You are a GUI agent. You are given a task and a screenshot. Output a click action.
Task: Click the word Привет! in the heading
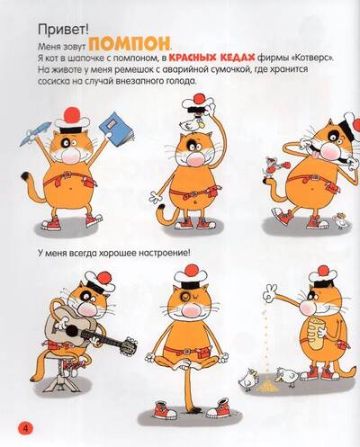pos(63,30)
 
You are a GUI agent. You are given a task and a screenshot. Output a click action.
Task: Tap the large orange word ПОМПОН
pos(129,44)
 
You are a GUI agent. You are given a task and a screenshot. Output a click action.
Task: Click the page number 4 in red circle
pos(26,428)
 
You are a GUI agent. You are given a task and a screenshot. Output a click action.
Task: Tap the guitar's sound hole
pos(72,331)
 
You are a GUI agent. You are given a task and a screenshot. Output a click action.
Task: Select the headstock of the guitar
pos(130,345)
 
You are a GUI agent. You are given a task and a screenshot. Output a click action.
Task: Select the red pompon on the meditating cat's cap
pos(191,270)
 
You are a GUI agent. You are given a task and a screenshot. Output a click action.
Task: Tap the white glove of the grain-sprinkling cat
pos(270,293)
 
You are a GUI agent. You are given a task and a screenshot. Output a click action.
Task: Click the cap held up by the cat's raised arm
pos(196,105)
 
